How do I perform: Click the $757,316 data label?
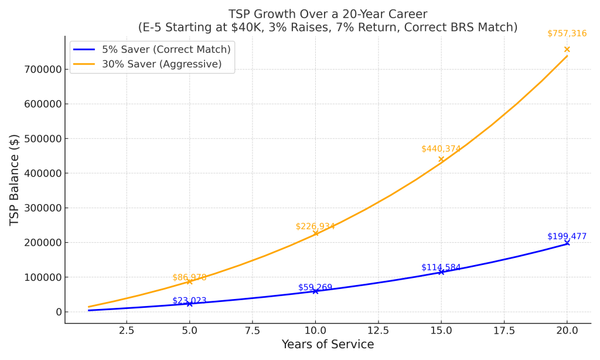click(567, 33)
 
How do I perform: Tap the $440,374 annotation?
click(441, 149)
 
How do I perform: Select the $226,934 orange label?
click(315, 226)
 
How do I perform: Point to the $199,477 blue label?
click(567, 236)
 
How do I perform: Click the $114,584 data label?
click(441, 267)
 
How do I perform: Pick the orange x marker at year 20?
click(567, 49)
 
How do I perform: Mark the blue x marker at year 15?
click(441, 272)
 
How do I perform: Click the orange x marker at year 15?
click(441, 159)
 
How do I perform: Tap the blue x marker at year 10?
click(315, 291)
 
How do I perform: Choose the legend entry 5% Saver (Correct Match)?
click(166, 49)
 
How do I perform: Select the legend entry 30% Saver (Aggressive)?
click(162, 64)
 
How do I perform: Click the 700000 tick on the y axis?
click(42, 70)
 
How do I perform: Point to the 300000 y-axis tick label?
click(42, 208)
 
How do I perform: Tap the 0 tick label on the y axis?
click(58, 312)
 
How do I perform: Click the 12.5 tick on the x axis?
click(378, 331)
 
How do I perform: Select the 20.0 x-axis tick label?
click(567, 331)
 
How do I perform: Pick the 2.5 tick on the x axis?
click(127, 331)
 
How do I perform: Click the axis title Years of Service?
click(328, 345)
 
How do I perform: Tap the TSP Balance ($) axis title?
click(15, 180)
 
